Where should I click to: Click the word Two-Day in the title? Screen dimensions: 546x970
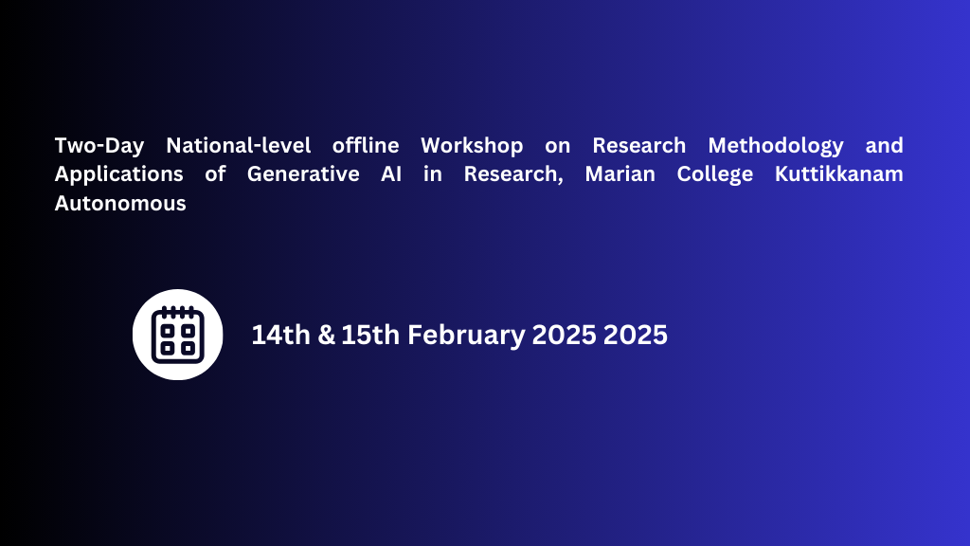pyautogui.click(x=99, y=146)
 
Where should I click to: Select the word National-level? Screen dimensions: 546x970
pyautogui.click(x=238, y=146)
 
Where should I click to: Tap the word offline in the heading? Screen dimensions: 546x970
pyautogui.click(x=366, y=146)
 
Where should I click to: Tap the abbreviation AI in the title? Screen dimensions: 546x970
pyautogui.click(x=388, y=174)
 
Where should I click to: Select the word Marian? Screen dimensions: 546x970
pyautogui.click(x=616, y=174)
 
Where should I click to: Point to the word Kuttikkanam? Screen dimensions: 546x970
pyautogui.click(x=842, y=174)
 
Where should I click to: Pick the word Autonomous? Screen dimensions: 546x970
pyautogui.click(x=120, y=203)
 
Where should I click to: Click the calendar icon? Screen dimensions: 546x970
pyautogui.click(x=178, y=335)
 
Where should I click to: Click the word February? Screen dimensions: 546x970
pyautogui.click(x=467, y=336)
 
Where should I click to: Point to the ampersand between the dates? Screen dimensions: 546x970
pyautogui.click(x=327, y=335)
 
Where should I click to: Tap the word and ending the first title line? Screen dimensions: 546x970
pyautogui.click(x=884, y=146)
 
